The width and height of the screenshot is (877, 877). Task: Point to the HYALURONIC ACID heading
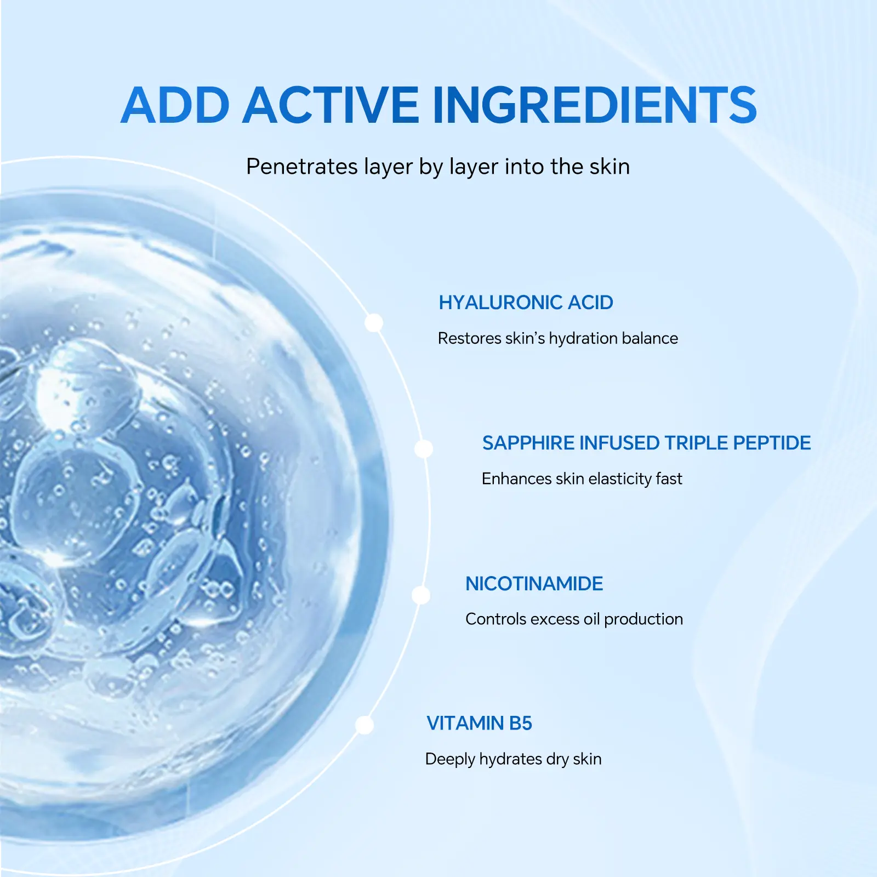526,303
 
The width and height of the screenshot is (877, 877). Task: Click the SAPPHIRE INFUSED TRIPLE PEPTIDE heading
646,443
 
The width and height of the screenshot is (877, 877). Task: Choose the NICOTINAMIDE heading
534,584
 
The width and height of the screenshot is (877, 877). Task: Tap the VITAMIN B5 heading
479,724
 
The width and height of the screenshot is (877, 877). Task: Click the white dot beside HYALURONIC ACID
374,323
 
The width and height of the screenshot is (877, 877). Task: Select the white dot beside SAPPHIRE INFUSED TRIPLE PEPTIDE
424,449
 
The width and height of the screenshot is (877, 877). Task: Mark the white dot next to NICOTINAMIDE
421,595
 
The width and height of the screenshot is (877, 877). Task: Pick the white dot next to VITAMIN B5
365,725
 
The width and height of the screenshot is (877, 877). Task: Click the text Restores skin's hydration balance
558,339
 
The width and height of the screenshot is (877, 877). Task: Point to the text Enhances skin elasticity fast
582,479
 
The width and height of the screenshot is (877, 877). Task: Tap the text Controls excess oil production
574,619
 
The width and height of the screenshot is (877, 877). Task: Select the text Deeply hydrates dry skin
513,760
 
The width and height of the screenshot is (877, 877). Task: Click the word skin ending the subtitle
610,167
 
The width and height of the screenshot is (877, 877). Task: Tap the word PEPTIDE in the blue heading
772,443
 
